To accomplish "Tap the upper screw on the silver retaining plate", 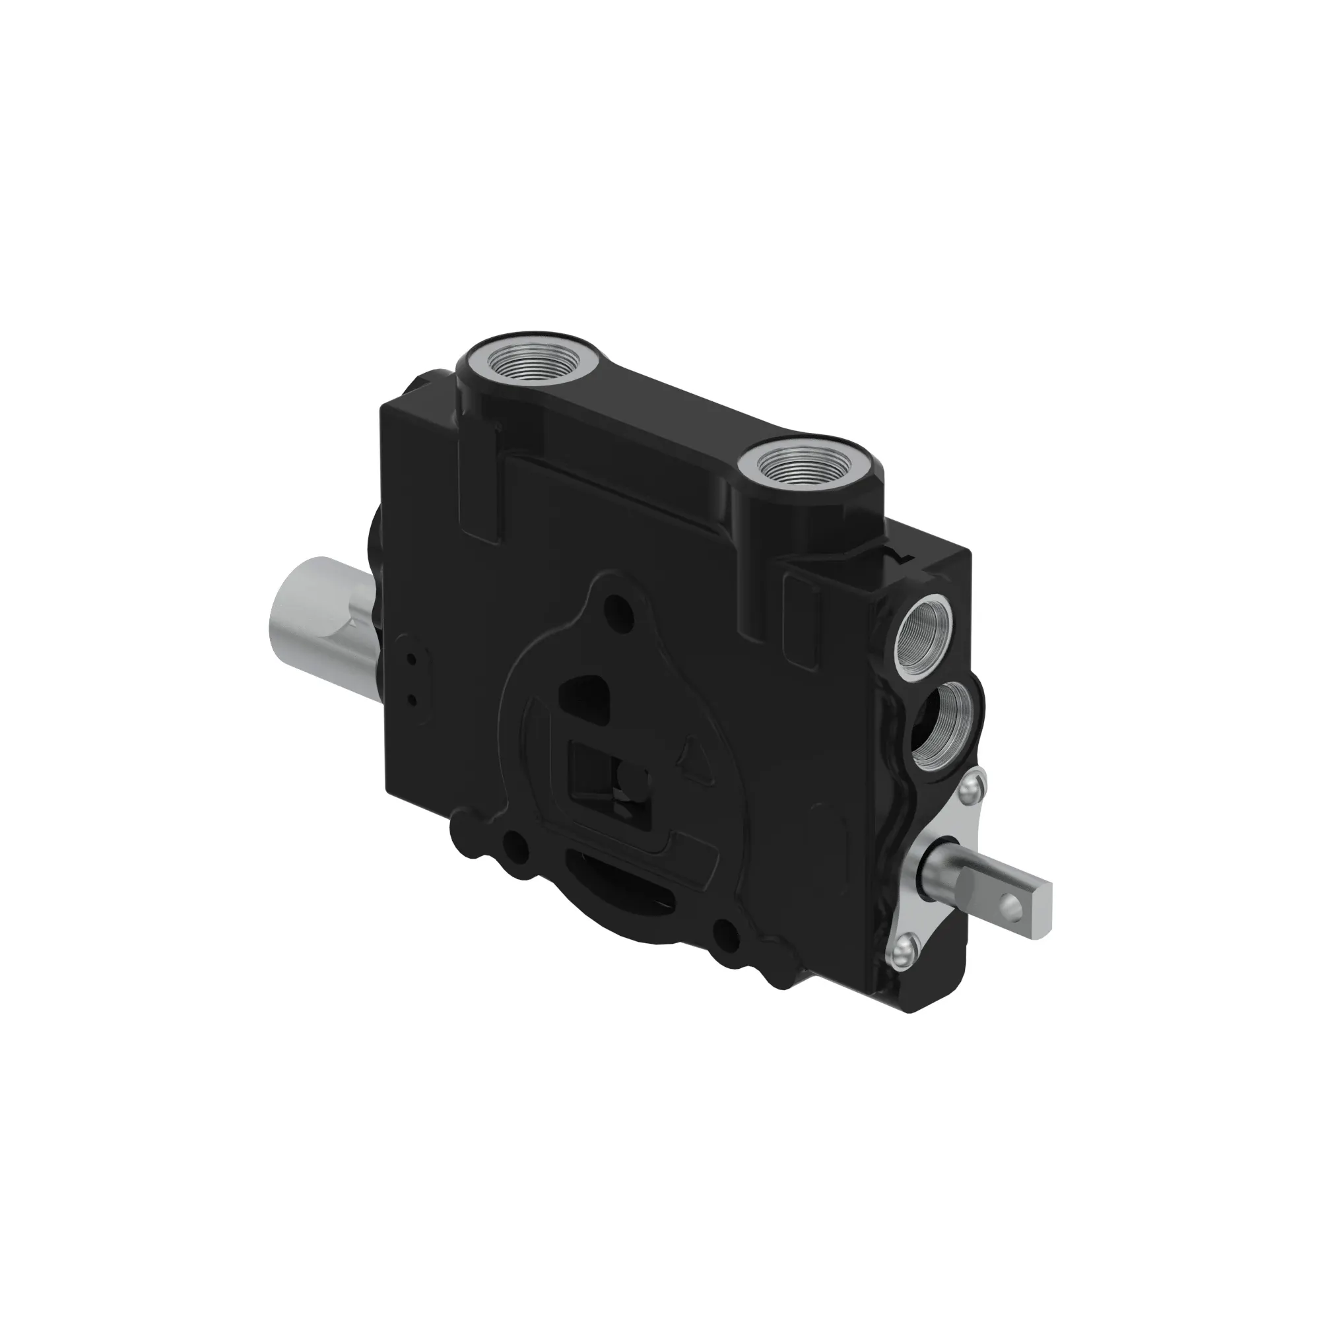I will point(972,792).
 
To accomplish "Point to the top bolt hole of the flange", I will point(620,604).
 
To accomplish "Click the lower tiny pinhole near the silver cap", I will point(412,700).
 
